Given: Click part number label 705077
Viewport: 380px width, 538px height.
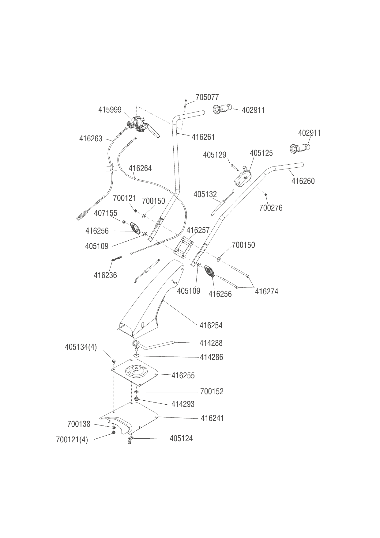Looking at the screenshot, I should tap(207, 97).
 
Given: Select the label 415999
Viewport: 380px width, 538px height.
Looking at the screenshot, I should tap(110, 110).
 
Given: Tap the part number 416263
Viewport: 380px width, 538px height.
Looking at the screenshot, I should tap(91, 139).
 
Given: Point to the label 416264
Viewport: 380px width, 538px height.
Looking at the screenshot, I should tap(140, 168).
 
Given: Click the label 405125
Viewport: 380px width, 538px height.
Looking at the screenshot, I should tap(261, 153).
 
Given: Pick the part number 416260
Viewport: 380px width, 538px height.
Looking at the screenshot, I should tap(303, 181).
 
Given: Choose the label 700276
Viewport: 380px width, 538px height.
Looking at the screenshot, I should tap(271, 208).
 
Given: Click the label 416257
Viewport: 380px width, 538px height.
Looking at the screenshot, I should tap(198, 230).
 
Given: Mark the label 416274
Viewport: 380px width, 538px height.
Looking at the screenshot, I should tap(266, 291).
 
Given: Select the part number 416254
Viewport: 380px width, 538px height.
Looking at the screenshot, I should tap(211, 325).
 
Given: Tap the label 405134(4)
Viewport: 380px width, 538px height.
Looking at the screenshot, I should tap(81, 347).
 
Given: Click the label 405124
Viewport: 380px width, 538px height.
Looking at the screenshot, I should tap(181, 438).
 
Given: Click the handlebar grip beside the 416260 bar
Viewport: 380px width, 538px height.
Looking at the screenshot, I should tap(300, 148).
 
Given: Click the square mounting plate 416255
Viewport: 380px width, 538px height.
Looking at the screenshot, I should tap(135, 372).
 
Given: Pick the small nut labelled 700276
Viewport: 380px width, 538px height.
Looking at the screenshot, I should tap(266, 194).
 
